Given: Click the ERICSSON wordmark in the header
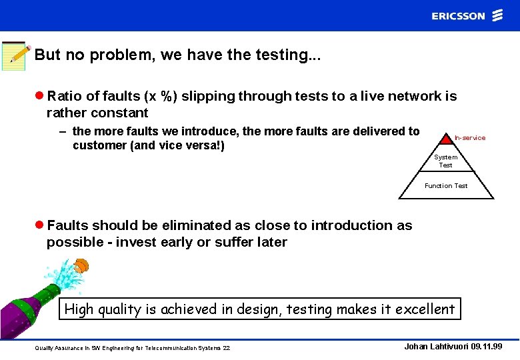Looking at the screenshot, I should coord(458,16).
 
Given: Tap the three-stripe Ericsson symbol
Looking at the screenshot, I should coord(497,15).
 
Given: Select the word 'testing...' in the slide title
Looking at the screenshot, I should coord(288,55).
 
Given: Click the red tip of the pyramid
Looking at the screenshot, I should coord(446,139).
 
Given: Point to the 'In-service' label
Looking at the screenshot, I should coord(470,138).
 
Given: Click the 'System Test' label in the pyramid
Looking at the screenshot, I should coord(446,161).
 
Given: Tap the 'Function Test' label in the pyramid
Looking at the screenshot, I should coord(446,186).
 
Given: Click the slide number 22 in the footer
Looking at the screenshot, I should coord(226,349).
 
